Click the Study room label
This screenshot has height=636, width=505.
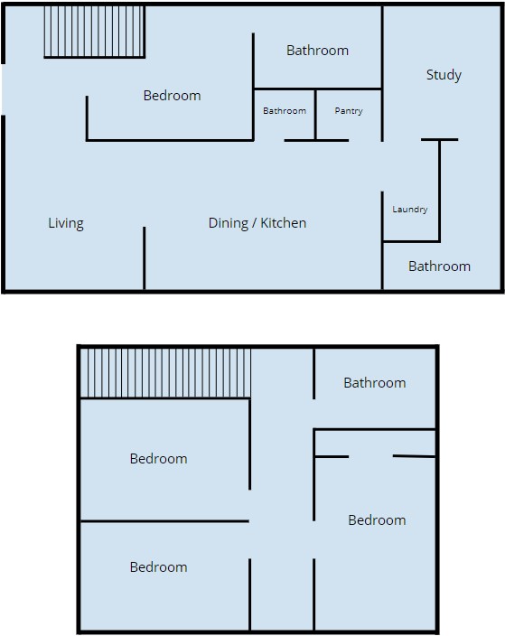pyautogui.click(x=444, y=75)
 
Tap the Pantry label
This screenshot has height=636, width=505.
pyautogui.click(x=349, y=111)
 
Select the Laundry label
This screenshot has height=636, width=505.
pyautogui.click(x=409, y=210)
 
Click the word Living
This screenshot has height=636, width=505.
pyautogui.click(x=66, y=223)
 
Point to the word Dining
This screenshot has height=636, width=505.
pyautogui.click(x=228, y=223)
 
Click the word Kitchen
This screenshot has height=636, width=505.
pyautogui.click(x=283, y=223)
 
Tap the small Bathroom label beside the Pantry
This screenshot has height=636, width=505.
pyautogui.click(x=285, y=111)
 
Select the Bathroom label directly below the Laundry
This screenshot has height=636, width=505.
pyautogui.click(x=439, y=267)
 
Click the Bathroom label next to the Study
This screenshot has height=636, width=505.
pyautogui.click(x=317, y=51)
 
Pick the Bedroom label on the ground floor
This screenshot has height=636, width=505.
pyautogui.click(x=172, y=96)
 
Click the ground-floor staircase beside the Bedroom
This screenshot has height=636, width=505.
pyautogui.click(x=94, y=32)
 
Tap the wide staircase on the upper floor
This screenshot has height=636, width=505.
pyautogui.click(x=165, y=373)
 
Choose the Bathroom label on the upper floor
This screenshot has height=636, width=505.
pyautogui.click(x=374, y=383)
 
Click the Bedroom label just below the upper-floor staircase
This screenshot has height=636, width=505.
pyautogui.click(x=159, y=459)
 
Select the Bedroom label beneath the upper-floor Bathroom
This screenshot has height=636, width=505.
pyautogui.click(x=377, y=520)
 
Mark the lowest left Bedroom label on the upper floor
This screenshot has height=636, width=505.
pyautogui.click(x=159, y=567)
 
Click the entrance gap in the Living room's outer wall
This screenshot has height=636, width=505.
pyautogui.click(x=4, y=89)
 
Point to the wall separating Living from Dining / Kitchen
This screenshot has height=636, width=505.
pyautogui.click(x=144, y=258)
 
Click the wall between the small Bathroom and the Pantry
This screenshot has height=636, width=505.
pyautogui.click(x=315, y=115)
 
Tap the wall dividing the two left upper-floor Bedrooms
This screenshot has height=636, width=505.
pyautogui.click(x=164, y=521)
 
